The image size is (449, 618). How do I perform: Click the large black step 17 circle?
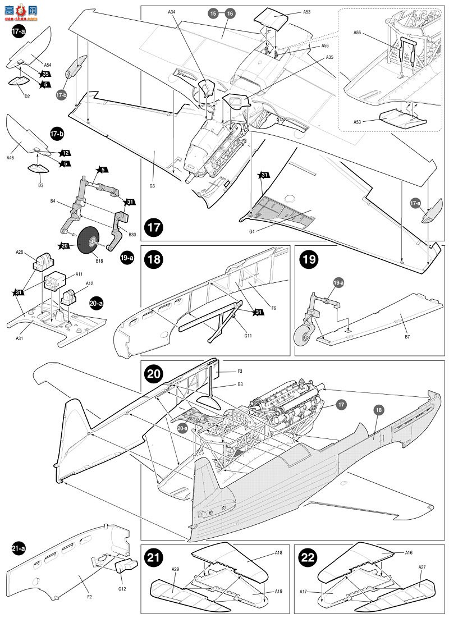tap(154, 228)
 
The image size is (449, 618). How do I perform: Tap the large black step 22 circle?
tap(308, 558)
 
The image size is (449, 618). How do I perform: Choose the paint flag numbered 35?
tap(44, 74)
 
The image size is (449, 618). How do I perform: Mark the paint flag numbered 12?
tap(65, 153)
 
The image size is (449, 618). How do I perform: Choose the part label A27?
tap(421, 567)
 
